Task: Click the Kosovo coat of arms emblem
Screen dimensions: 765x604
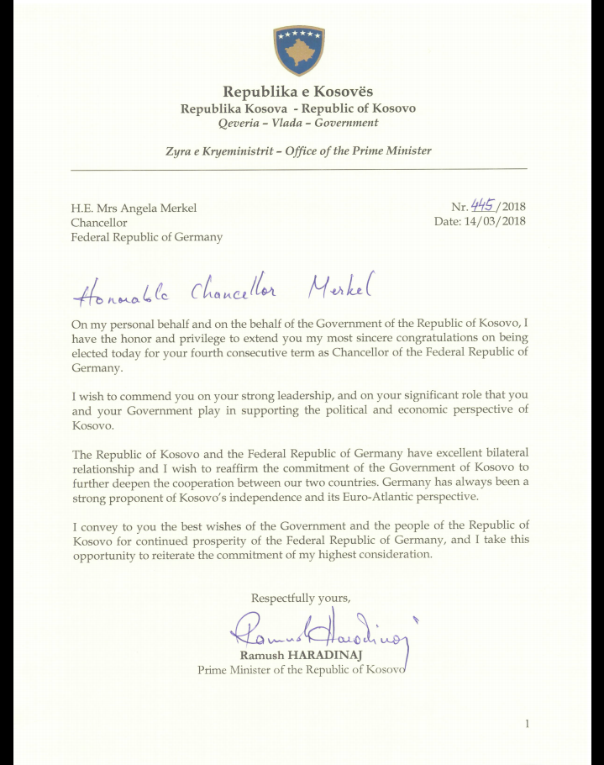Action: point(298,50)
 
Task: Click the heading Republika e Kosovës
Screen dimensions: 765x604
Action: point(298,92)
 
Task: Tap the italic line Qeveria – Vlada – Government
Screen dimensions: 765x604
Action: point(298,123)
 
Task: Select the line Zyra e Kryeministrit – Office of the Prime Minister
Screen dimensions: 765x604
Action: point(298,151)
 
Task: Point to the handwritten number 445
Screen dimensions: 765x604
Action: point(482,206)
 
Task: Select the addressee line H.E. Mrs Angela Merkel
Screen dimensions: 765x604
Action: point(134,208)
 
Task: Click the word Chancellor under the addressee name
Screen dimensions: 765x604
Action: point(99,223)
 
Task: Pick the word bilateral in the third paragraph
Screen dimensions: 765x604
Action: point(500,454)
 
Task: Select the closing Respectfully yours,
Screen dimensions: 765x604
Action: point(301,598)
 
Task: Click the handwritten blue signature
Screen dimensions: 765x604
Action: point(319,632)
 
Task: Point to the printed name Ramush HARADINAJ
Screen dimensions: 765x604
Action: point(296,656)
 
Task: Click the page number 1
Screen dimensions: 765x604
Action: point(526,724)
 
